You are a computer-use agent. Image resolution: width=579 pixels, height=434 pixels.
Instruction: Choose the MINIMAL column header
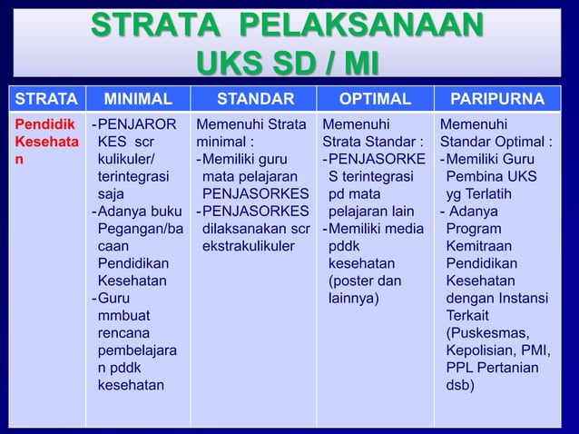137,99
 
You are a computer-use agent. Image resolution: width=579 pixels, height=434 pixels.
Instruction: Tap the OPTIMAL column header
375,99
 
